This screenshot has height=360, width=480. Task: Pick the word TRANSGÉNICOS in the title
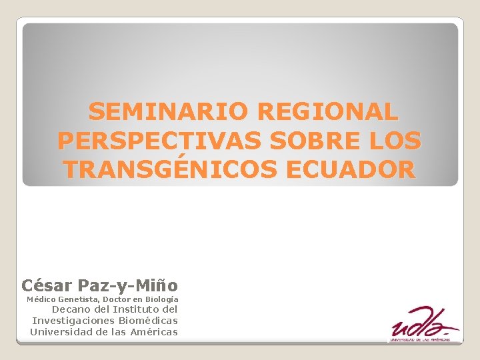(x=171, y=170)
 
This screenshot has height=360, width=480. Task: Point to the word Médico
(x=41, y=300)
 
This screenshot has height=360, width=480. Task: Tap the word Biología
(x=159, y=300)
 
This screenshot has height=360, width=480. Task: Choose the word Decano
(x=71, y=309)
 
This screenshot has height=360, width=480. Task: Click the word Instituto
(x=136, y=309)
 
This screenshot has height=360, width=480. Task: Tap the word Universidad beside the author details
(x=61, y=332)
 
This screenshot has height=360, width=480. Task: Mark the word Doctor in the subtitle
(x=119, y=300)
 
